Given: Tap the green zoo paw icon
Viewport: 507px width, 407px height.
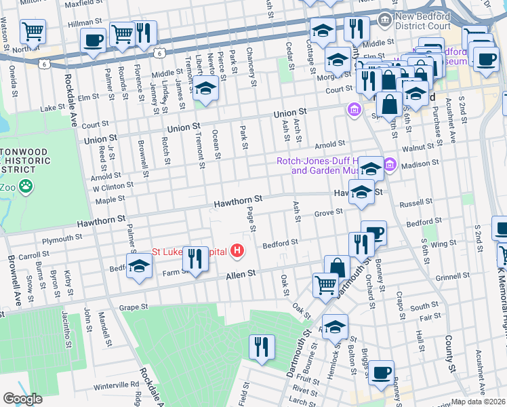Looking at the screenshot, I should click(x=26, y=186).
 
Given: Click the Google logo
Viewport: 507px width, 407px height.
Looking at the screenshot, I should click(x=22, y=399).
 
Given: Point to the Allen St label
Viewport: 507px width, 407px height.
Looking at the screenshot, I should click(x=240, y=273).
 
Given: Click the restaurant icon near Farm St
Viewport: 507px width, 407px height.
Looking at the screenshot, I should click(x=195, y=258).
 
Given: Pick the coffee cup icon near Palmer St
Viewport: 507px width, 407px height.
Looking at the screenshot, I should click(x=93, y=39).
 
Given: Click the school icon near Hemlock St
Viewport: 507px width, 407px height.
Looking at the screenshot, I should click(x=334, y=327).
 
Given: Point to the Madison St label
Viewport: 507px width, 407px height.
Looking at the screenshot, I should click(x=415, y=165).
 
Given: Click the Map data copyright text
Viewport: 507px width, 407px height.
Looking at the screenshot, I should click(x=479, y=402).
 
